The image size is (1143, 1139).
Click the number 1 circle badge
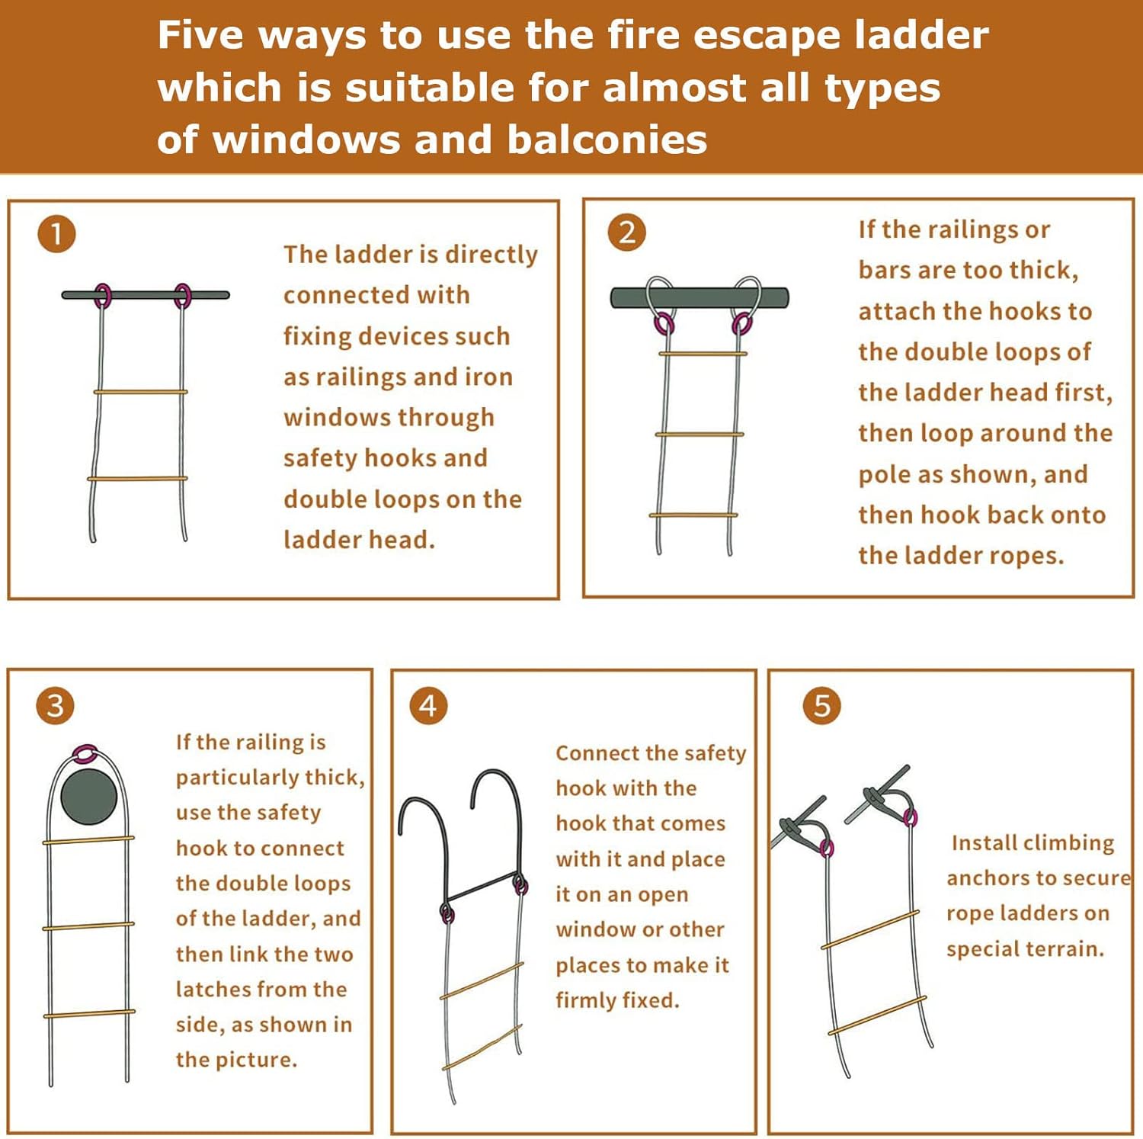(56, 234)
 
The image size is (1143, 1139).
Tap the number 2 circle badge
(626, 233)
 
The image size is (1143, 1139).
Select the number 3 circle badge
(55, 706)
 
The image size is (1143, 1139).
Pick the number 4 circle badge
(428, 706)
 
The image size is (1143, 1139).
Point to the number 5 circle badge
(822, 706)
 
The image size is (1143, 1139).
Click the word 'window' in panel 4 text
(594, 929)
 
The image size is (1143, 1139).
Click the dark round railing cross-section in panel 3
(89, 797)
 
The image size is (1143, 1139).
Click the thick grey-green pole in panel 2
(700, 297)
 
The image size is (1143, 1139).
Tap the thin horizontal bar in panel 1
(145, 295)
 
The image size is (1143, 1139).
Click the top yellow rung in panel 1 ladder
(140, 392)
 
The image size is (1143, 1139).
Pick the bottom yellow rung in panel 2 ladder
(693, 515)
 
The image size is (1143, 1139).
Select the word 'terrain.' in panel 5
(1064, 949)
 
